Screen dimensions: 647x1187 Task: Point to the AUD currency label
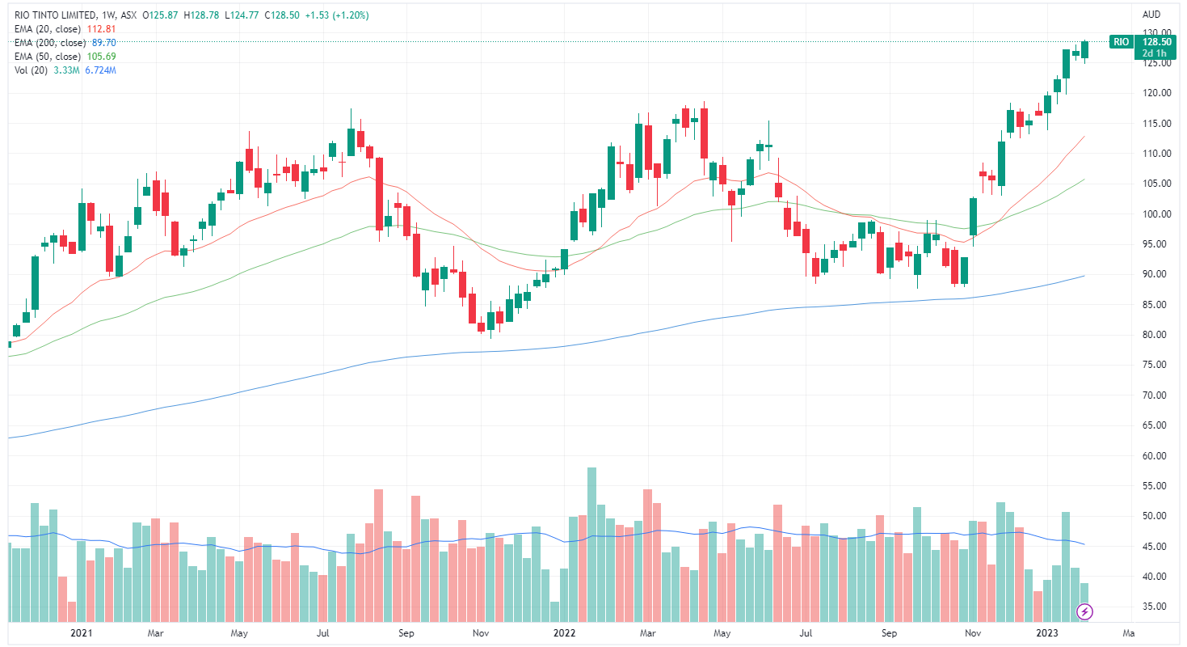coord(1151,15)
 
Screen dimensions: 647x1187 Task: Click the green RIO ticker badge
coord(1120,41)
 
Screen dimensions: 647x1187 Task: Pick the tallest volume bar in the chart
coord(591,543)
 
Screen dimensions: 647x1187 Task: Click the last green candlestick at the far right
coord(1084,49)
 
